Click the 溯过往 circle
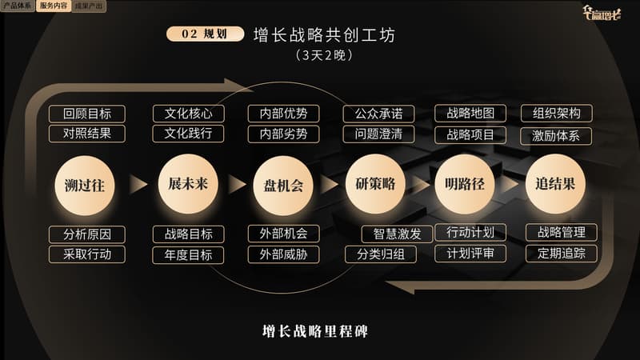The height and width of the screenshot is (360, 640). coord(85,185)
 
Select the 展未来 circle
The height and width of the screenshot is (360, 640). coord(188,184)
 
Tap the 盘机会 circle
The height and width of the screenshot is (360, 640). coord(283,185)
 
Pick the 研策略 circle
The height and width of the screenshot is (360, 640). coord(375,184)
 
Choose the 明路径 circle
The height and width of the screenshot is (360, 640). coord(465,184)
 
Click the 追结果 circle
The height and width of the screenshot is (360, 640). coord(555,184)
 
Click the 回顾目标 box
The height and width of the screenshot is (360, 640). coord(87,114)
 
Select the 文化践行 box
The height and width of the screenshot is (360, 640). coord(189,134)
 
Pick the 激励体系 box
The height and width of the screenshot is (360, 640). coord(556,135)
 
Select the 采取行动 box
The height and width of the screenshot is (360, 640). coord(87,254)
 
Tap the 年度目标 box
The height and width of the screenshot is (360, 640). coord(189,255)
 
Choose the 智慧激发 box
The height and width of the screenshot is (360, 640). coord(398,234)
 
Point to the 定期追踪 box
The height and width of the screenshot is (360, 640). coord(562,254)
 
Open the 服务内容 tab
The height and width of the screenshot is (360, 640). coord(53,6)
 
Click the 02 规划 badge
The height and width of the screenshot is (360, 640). coord(205,34)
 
